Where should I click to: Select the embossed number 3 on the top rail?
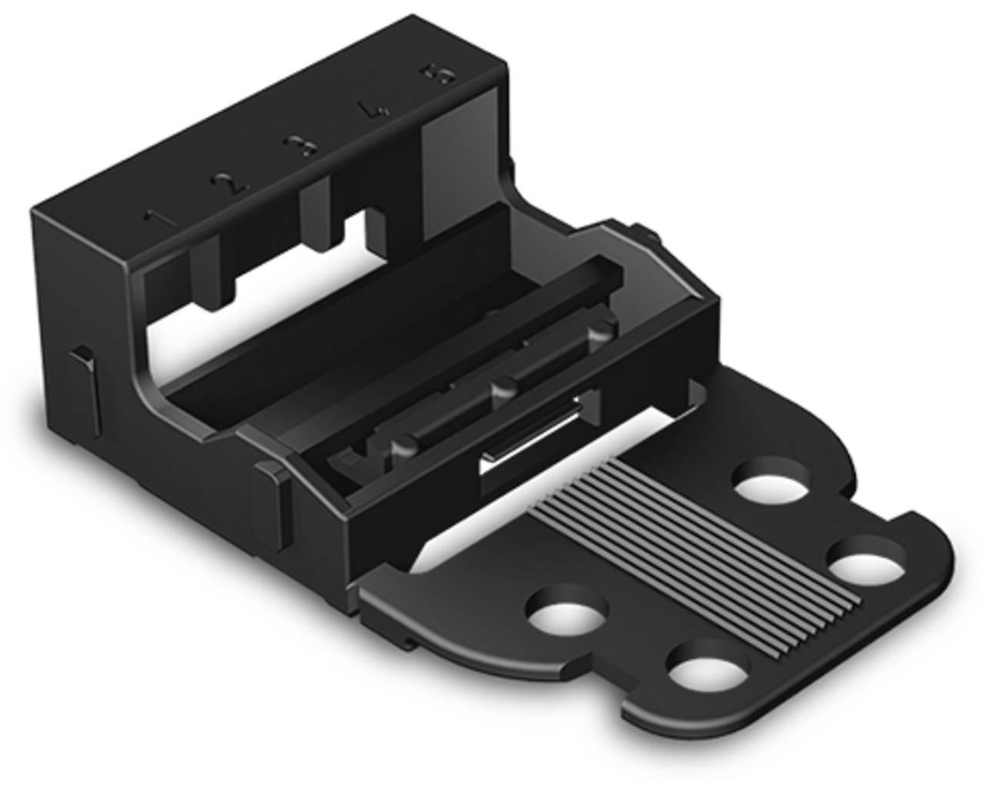coord(297,146)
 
